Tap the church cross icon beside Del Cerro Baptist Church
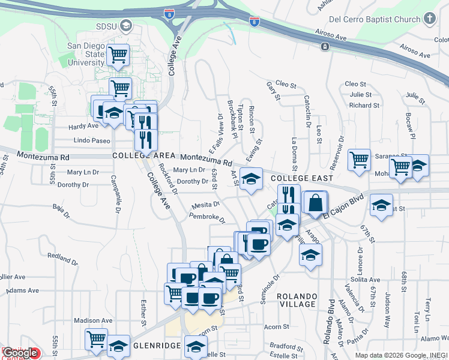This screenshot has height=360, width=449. click(430, 19)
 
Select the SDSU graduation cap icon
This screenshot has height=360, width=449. click(126, 26)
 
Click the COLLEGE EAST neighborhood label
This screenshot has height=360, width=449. click(301, 178)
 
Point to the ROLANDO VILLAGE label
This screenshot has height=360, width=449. click(297, 300)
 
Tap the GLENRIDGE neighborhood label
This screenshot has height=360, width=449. click(157, 346)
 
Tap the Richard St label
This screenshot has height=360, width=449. click(364, 105)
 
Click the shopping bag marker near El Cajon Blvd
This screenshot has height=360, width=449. click(315, 203)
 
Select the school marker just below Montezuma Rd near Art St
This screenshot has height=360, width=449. click(252, 178)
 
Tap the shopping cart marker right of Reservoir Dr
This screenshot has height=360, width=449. click(359, 160)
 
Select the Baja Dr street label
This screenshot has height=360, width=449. click(58, 208)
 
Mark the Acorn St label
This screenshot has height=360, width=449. click(277, 327)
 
